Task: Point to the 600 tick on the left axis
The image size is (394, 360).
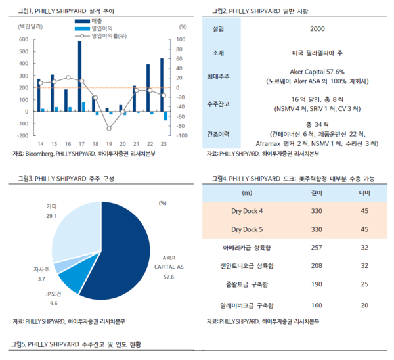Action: (23, 40)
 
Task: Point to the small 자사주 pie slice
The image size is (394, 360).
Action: (60, 266)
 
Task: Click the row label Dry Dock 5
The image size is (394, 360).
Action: (247, 230)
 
